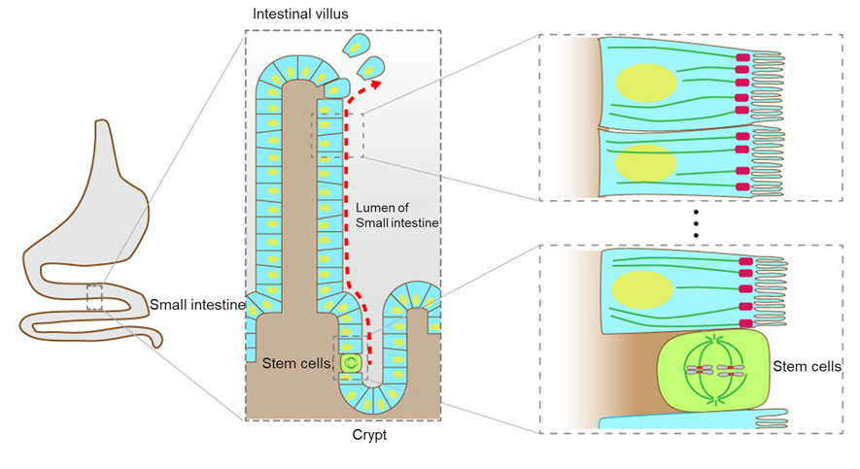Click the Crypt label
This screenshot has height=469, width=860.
tap(369, 436)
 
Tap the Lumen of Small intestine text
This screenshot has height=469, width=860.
tap(396, 216)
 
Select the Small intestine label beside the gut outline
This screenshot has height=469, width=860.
tap(197, 305)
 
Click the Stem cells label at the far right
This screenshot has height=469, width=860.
tap(807, 366)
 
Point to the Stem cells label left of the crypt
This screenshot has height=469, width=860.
tap(295, 363)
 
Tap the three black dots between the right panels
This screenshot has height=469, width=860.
tap(696, 223)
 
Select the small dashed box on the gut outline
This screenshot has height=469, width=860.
tap(94, 297)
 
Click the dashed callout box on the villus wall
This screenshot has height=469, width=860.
tap(336, 135)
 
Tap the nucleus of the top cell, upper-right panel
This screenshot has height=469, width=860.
tap(644, 83)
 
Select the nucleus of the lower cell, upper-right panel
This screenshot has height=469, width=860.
tap(644, 162)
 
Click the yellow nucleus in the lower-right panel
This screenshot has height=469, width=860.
tap(643, 292)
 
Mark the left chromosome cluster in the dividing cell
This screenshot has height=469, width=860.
tap(701, 370)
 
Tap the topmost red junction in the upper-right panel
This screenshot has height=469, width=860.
tap(742, 59)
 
